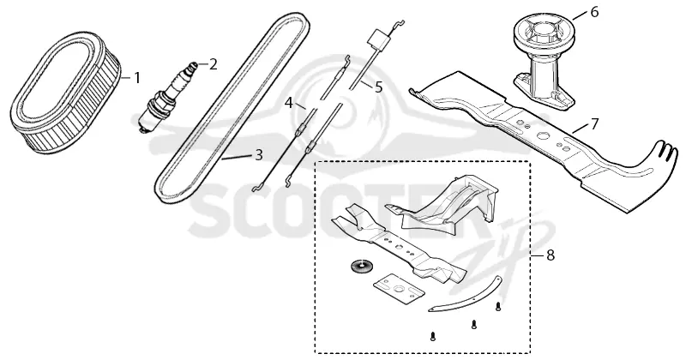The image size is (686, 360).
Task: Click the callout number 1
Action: click(137, 78)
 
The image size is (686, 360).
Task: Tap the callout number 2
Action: click(213, 64)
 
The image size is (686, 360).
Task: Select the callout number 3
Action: click(259, 155)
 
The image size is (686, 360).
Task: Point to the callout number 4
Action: click(288, 103)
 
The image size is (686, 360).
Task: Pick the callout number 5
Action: click(378, 87)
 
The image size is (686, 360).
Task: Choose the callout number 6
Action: click(594, 12)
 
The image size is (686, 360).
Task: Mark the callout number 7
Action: click(593, 124)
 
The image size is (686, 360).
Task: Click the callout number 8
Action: click(550, 255)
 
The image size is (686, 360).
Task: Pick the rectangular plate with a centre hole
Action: click(399, 288)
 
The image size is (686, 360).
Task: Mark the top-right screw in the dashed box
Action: click(498, 307)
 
